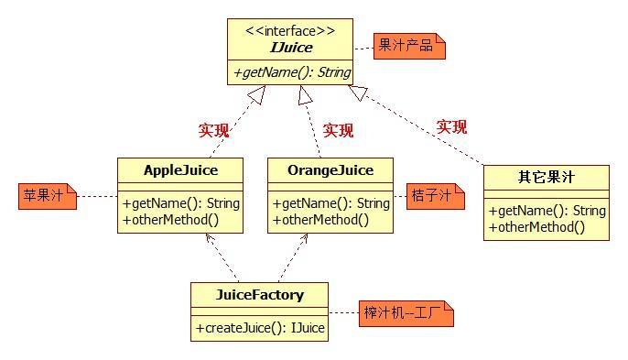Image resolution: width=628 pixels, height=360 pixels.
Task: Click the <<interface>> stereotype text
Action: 290,30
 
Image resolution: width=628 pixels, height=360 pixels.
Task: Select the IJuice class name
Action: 290,48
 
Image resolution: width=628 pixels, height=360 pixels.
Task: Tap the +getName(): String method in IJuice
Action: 290,71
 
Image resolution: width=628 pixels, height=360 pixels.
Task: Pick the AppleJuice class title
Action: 180,170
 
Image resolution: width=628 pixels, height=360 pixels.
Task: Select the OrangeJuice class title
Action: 330,170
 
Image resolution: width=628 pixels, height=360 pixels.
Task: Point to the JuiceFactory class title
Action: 259,295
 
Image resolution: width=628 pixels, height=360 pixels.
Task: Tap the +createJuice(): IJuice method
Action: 259,327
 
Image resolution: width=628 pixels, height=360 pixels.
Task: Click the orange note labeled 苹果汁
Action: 47,196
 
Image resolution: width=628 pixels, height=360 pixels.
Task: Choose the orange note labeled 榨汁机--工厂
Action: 394,314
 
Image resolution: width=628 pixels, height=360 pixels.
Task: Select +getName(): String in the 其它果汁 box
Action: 547,211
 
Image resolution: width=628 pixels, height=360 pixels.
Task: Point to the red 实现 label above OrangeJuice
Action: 338,130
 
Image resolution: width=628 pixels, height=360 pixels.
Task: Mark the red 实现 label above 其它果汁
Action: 451,126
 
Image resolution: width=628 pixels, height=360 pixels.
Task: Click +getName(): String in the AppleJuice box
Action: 180,203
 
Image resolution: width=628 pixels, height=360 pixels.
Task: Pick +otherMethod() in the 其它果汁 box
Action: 536,226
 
